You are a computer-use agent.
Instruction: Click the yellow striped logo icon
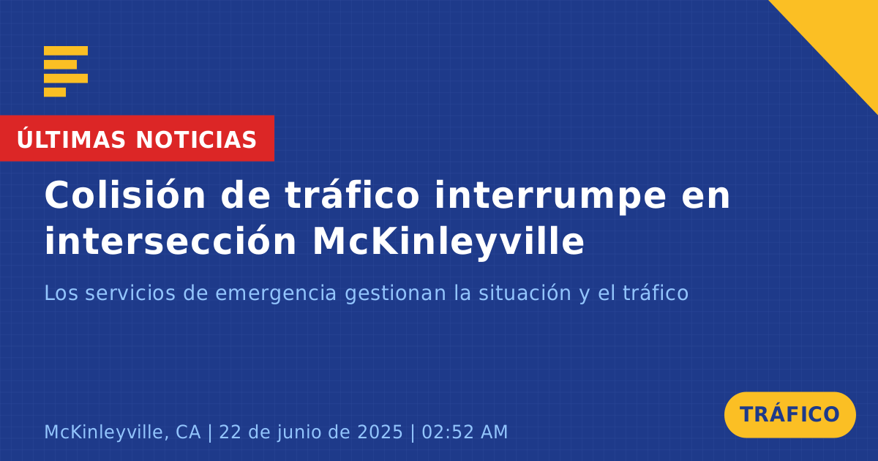point(66,72)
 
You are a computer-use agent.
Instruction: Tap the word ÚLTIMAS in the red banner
point(71,139)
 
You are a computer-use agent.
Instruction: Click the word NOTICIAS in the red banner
point(196,140)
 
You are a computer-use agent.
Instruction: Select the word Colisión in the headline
point(125,195)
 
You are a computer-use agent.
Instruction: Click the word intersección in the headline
point(170,240)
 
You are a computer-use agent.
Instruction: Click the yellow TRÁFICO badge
point(789,415)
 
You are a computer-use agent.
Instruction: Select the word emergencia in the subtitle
point(276,293)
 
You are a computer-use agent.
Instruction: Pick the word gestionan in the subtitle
point(396,293)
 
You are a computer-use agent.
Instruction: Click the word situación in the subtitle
point(525,293)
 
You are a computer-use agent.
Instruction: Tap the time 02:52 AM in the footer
point(465,432)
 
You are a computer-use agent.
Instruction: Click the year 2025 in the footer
point(380,432)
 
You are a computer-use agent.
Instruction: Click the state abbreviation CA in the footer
point(188,432)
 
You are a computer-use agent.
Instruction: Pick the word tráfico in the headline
point(353,195)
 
